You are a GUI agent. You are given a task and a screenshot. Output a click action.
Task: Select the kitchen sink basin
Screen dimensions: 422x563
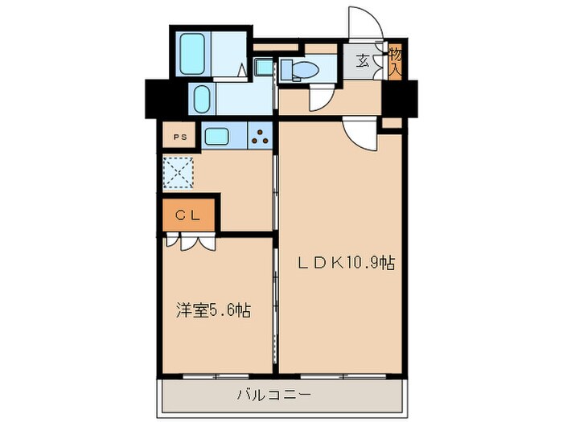pyautogui.click(x=217, y=136)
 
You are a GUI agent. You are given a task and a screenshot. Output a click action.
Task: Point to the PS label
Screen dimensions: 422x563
pyautogui.click(x=180, y=137)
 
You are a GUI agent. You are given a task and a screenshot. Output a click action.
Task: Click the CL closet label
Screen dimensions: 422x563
pyautogui.click(x=187, y=215)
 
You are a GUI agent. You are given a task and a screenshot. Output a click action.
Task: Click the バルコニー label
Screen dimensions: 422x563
pyautogui.click(x=273, y=395)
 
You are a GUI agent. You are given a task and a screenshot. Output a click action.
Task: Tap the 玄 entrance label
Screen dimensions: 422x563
pyautogui.click(x=364, y=59)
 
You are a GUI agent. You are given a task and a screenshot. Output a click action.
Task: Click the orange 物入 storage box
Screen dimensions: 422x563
pyautogui.click(x=395, y=60)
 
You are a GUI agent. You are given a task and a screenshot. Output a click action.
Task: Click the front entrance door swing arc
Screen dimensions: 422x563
pyautogui.click(x=361, y=22)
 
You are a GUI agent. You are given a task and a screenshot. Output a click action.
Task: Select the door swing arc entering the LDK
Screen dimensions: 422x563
pyautogui.click(x=360, y=133)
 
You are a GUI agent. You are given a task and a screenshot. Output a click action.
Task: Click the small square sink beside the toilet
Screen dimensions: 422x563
pyautogui.click(x=264, y=68)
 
